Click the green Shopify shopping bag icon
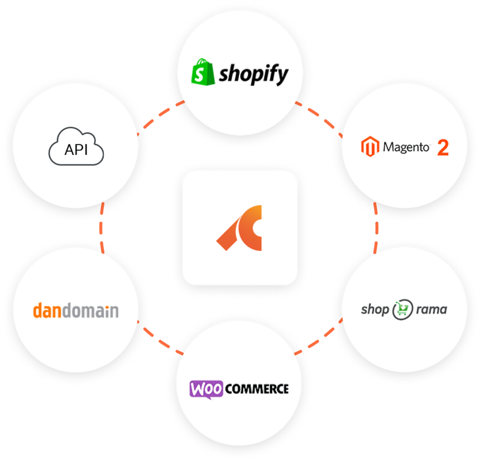[x=203, y=73]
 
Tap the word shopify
[x=253, y=74]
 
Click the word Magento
[x=406, y=148]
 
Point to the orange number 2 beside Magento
[x=443, y=148]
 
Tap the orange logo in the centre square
[x=239, y=227]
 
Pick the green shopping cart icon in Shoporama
[x=401, y=309]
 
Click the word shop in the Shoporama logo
[x=375, y=309]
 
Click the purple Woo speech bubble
[x=207, y=388]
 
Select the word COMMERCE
[x=257, y=388]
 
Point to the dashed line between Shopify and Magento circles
[x=319, y=116]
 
